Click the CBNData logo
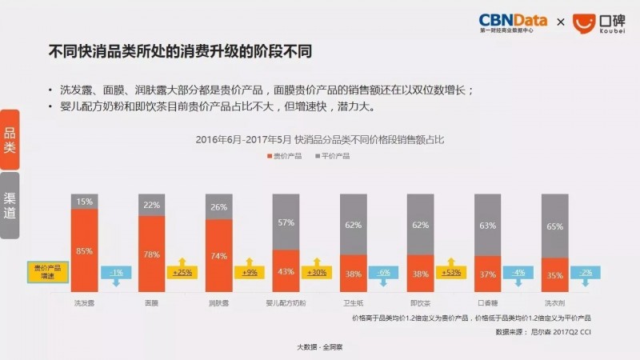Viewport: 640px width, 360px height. (x=511, y=22)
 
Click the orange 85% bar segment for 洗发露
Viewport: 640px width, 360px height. (x=84, y=250)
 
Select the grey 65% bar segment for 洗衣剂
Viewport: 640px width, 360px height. (x=554, y=226)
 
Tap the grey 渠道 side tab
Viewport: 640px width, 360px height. (x=10, y=204)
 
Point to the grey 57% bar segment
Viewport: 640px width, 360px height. (x=286, y=222)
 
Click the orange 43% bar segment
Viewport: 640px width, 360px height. (x=286, y=271)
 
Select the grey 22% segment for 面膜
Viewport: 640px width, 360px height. (x=151, y=206)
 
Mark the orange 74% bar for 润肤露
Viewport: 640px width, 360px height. (x=218, y=256)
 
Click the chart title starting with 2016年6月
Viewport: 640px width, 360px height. (x=320, y=139)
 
